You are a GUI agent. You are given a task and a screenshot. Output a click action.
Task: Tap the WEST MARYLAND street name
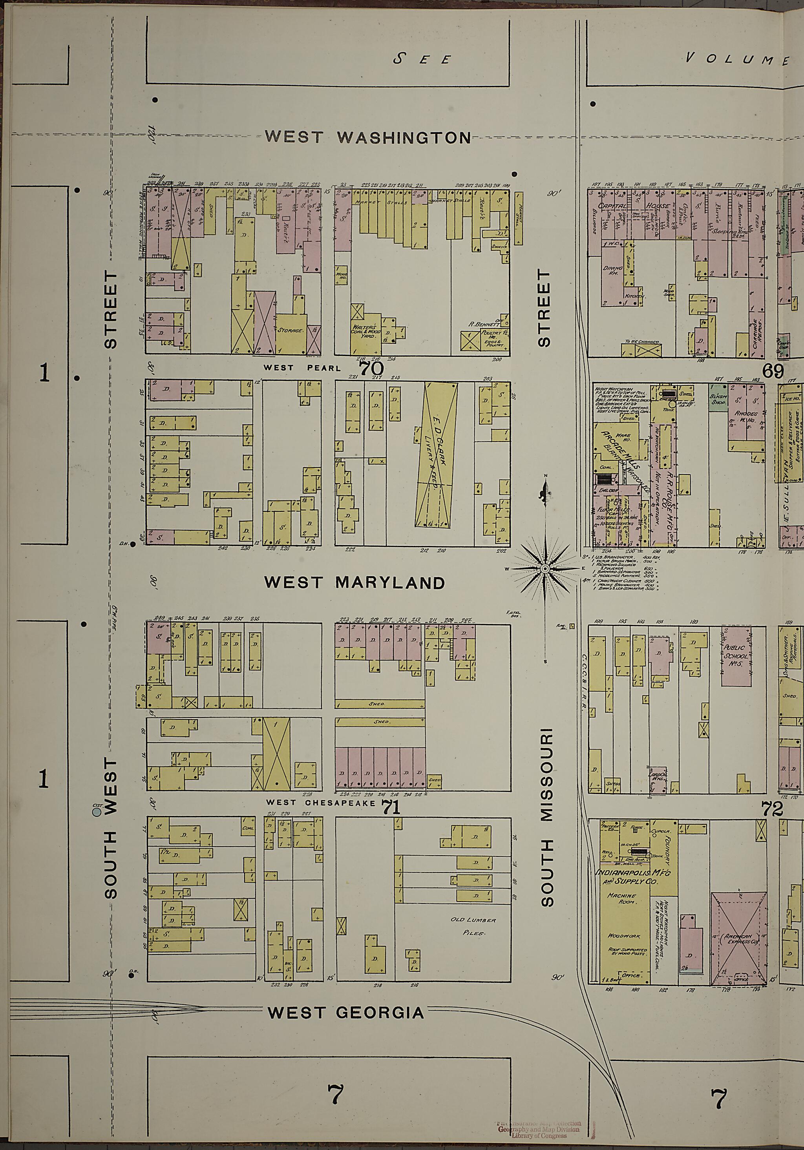coord(354,582)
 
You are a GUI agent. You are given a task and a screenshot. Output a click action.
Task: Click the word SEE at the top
coord(422,60)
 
